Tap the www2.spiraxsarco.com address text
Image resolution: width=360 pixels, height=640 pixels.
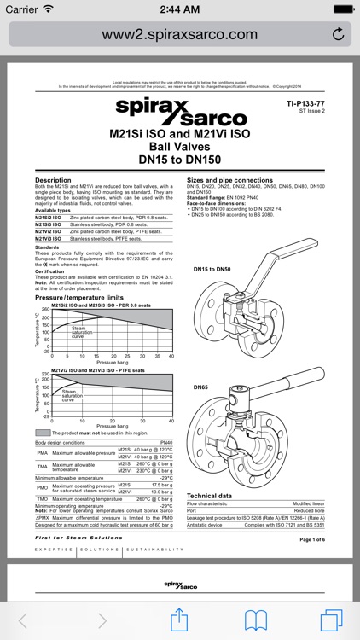(179, 34)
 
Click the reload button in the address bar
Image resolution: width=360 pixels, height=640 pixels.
(338, 34)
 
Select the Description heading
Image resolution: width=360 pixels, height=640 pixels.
(52, 180)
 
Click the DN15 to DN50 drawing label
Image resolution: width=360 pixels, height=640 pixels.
(212, 269)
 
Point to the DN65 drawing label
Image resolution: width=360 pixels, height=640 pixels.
(200, 387)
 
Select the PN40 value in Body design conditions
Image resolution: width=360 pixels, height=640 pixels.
(166, 443)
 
